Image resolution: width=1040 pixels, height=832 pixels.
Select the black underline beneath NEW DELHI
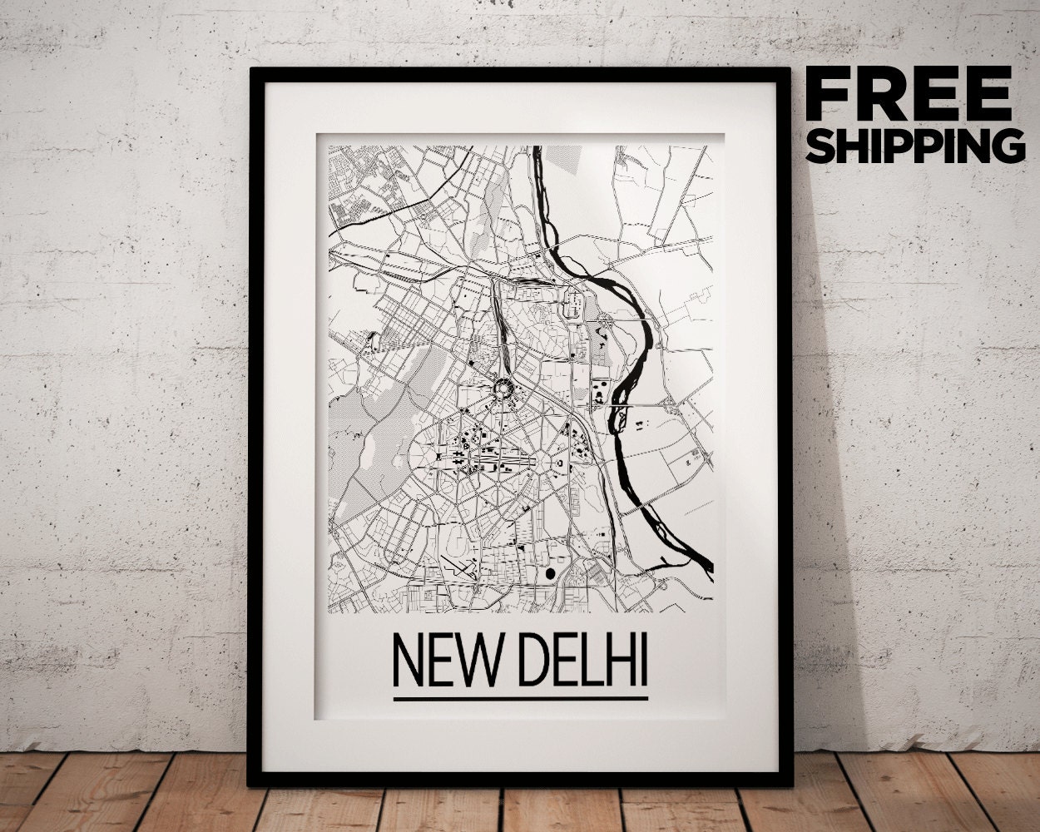[x=520, y=697]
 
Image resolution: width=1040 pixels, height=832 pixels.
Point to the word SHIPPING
[x=915, y=145]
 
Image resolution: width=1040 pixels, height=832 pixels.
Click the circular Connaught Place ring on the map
[x=503, y=387]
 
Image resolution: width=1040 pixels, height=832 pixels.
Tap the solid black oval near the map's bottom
[x=549, y=572]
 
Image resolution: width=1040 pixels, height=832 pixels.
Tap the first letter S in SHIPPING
[x=820, y=145]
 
